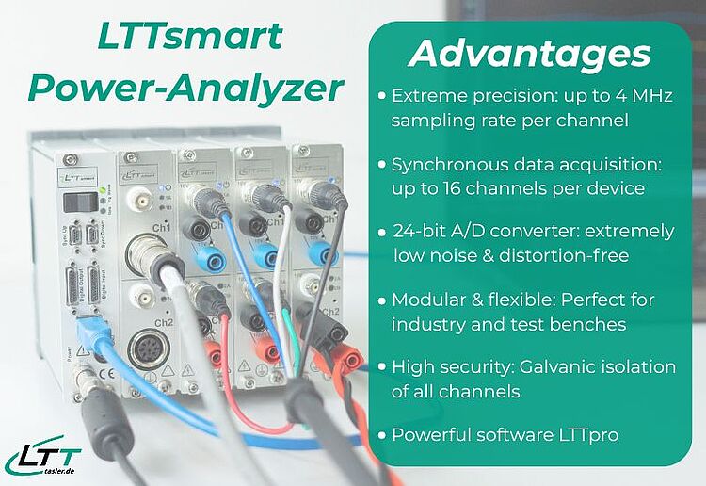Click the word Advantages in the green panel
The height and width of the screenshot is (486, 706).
pos(529,54)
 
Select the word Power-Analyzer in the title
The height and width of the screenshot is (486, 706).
pos(185,89)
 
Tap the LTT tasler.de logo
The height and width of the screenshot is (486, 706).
pos(42,459)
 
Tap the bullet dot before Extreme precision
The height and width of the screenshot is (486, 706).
pos(380,97)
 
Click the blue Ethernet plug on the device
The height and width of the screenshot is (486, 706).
pos(98,332)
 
